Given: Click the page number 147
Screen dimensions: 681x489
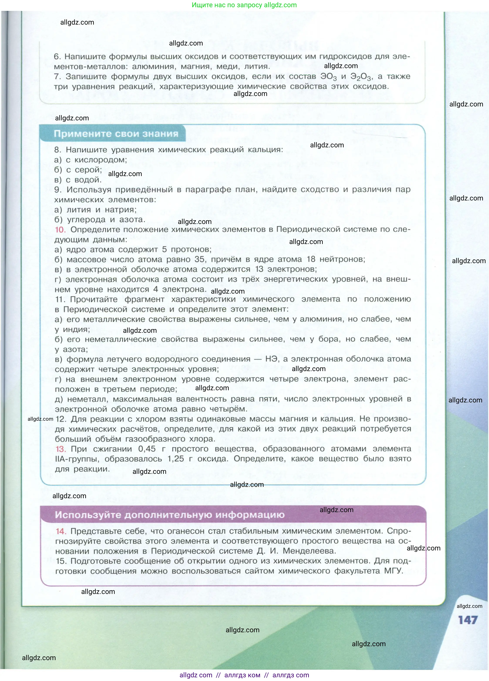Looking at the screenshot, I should (x=468, y=620).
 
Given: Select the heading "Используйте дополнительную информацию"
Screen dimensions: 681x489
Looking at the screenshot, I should (x=170, y=515).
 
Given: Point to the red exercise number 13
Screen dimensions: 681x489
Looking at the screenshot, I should (x=60, y=449).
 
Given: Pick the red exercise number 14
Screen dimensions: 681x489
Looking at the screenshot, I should (x=61, y=531).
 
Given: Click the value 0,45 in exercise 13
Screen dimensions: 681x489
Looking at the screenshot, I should (x=147, y=449).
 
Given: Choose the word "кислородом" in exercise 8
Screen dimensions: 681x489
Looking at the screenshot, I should (x=100, y=160).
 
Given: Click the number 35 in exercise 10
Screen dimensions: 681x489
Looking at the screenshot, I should (x=200, y=259).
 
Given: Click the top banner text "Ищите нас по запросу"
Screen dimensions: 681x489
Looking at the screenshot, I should (x=227, y=5).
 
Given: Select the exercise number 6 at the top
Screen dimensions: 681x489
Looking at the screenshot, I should (x=57, y=56).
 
